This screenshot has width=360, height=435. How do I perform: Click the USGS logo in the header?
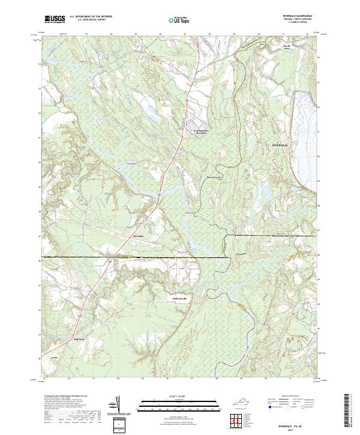coord(54,19)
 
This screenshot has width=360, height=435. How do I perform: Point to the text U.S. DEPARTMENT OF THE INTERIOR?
coord(91,17)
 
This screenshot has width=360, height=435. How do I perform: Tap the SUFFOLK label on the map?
coord(280,145)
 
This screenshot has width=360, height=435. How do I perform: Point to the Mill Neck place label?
coord(80,340)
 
